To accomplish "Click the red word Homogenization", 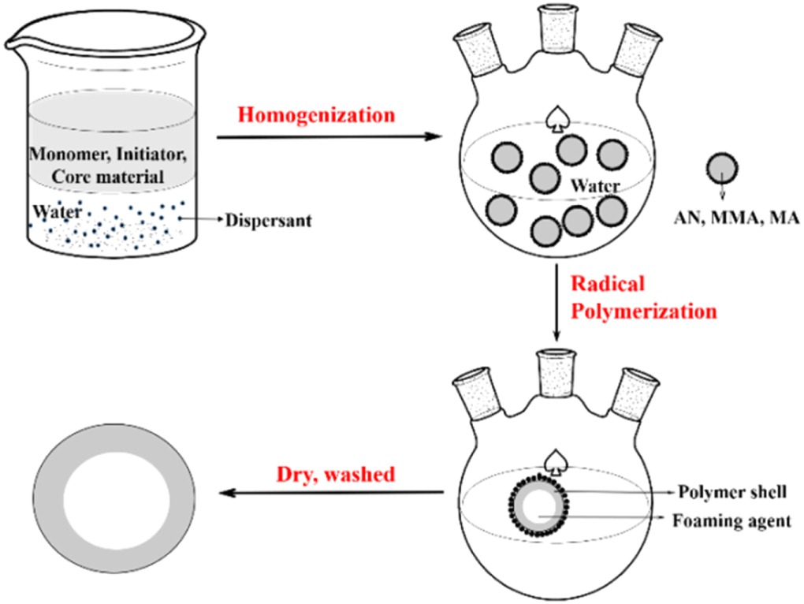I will tap(315, 115).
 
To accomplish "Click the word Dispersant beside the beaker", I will tap(268, 220).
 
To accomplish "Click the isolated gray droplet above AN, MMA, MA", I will tap(721, 169).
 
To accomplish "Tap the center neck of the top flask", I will tap(556, 27).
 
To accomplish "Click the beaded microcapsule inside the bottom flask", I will tap(539, 505).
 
